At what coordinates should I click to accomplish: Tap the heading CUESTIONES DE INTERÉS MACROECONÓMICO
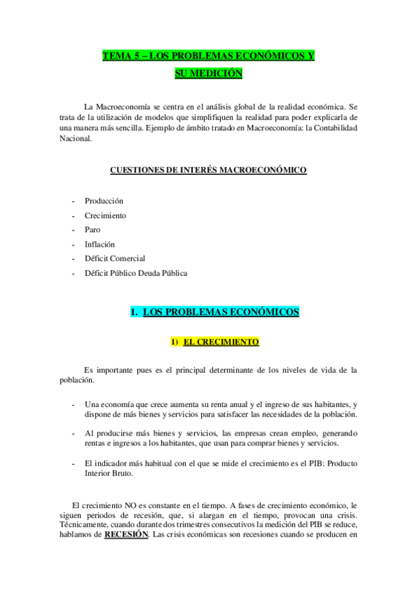[208, 169]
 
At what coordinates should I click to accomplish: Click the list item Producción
[104, 201]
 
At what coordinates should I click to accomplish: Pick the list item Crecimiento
[105, 215]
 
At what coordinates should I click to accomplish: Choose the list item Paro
[92, 229]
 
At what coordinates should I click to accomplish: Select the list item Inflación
[100, 244]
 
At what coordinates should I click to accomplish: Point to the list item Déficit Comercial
[115, 259]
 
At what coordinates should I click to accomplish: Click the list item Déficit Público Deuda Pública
[136, 273]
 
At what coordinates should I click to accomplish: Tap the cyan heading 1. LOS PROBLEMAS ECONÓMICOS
[214, 312]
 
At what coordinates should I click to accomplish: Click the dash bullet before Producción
[73, 201]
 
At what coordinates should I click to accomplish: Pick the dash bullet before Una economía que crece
[73, 404]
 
